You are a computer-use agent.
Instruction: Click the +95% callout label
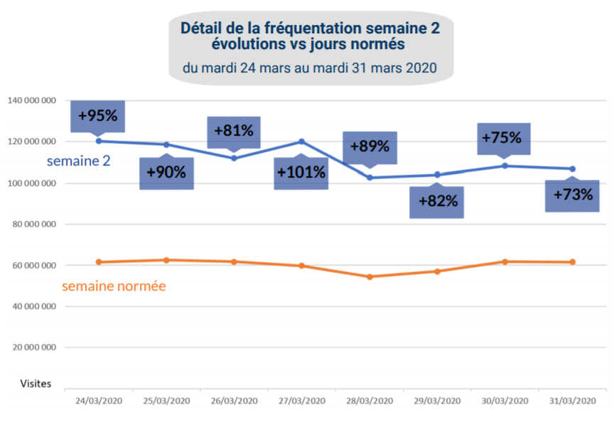tap(98, 115)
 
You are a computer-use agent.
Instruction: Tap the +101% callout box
tap(301, 173)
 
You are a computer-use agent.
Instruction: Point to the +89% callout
tap(370, 147)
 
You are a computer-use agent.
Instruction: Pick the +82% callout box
tap(436, 201)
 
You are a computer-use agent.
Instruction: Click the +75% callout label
tap(503, 138)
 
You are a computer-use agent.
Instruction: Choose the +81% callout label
tap(233, 131)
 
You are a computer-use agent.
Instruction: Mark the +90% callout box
tap(166, 173)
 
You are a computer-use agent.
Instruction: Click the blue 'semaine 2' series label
tap(78, 161)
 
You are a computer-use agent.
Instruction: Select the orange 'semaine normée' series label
tap(114, 286)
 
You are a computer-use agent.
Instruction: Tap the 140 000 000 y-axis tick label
tap(31, 101)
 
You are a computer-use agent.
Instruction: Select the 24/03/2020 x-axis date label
tap(99, 401)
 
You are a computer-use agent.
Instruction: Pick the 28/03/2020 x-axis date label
tap(370, 401)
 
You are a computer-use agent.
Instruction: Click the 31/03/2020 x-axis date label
tap(572, 401)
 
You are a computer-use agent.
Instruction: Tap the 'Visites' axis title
tap(36, 383)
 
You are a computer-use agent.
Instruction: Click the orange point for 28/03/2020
tap(370, 276)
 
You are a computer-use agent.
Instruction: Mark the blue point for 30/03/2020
tap(505, 166)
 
